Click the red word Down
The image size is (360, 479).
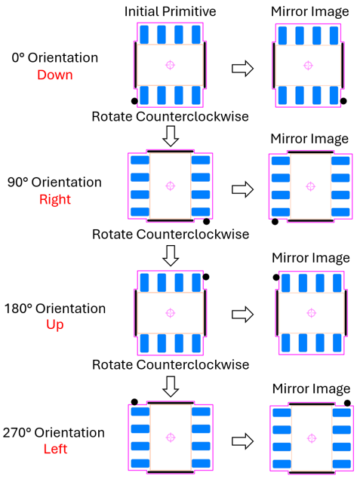point(55,75)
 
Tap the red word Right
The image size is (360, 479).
point(55,199)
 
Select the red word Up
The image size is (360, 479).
point(55,324)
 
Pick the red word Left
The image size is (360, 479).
point(55,449)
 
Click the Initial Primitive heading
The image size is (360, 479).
point(171,11)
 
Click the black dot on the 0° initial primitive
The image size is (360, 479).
point(134,101)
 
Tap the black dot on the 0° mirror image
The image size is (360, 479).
point(343,101)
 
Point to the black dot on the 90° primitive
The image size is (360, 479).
point(207,222)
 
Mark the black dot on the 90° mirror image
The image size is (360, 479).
point(275,222)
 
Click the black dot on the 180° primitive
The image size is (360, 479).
point(206,277)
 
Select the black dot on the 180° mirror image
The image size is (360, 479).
point(276,278)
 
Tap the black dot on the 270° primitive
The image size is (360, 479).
point(134,402)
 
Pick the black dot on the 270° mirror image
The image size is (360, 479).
point(347,404)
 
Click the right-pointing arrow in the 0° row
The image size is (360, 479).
point(243,68)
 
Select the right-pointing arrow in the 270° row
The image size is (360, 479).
point(243,441)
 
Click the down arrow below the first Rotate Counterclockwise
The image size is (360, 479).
point(171,136)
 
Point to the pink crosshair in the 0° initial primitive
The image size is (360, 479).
point(171,65)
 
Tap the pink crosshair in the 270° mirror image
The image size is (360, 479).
point(312,438)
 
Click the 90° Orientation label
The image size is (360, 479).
point(54,182)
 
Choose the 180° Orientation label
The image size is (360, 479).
point(54,309)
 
